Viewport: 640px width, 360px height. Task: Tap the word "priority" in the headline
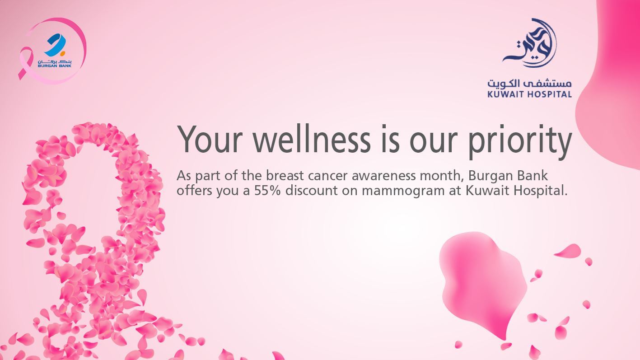(519, 140)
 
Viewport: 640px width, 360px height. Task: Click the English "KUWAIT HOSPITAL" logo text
(529, 94)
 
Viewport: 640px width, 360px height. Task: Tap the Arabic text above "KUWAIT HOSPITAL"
(529, 84)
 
